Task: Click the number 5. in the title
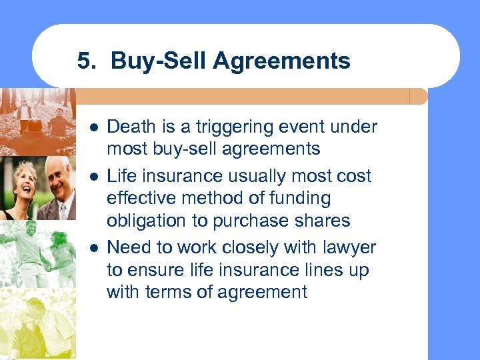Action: pyautogui.click(x=87, y=61)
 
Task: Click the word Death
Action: pyautogui.click(x=129, y=127)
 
